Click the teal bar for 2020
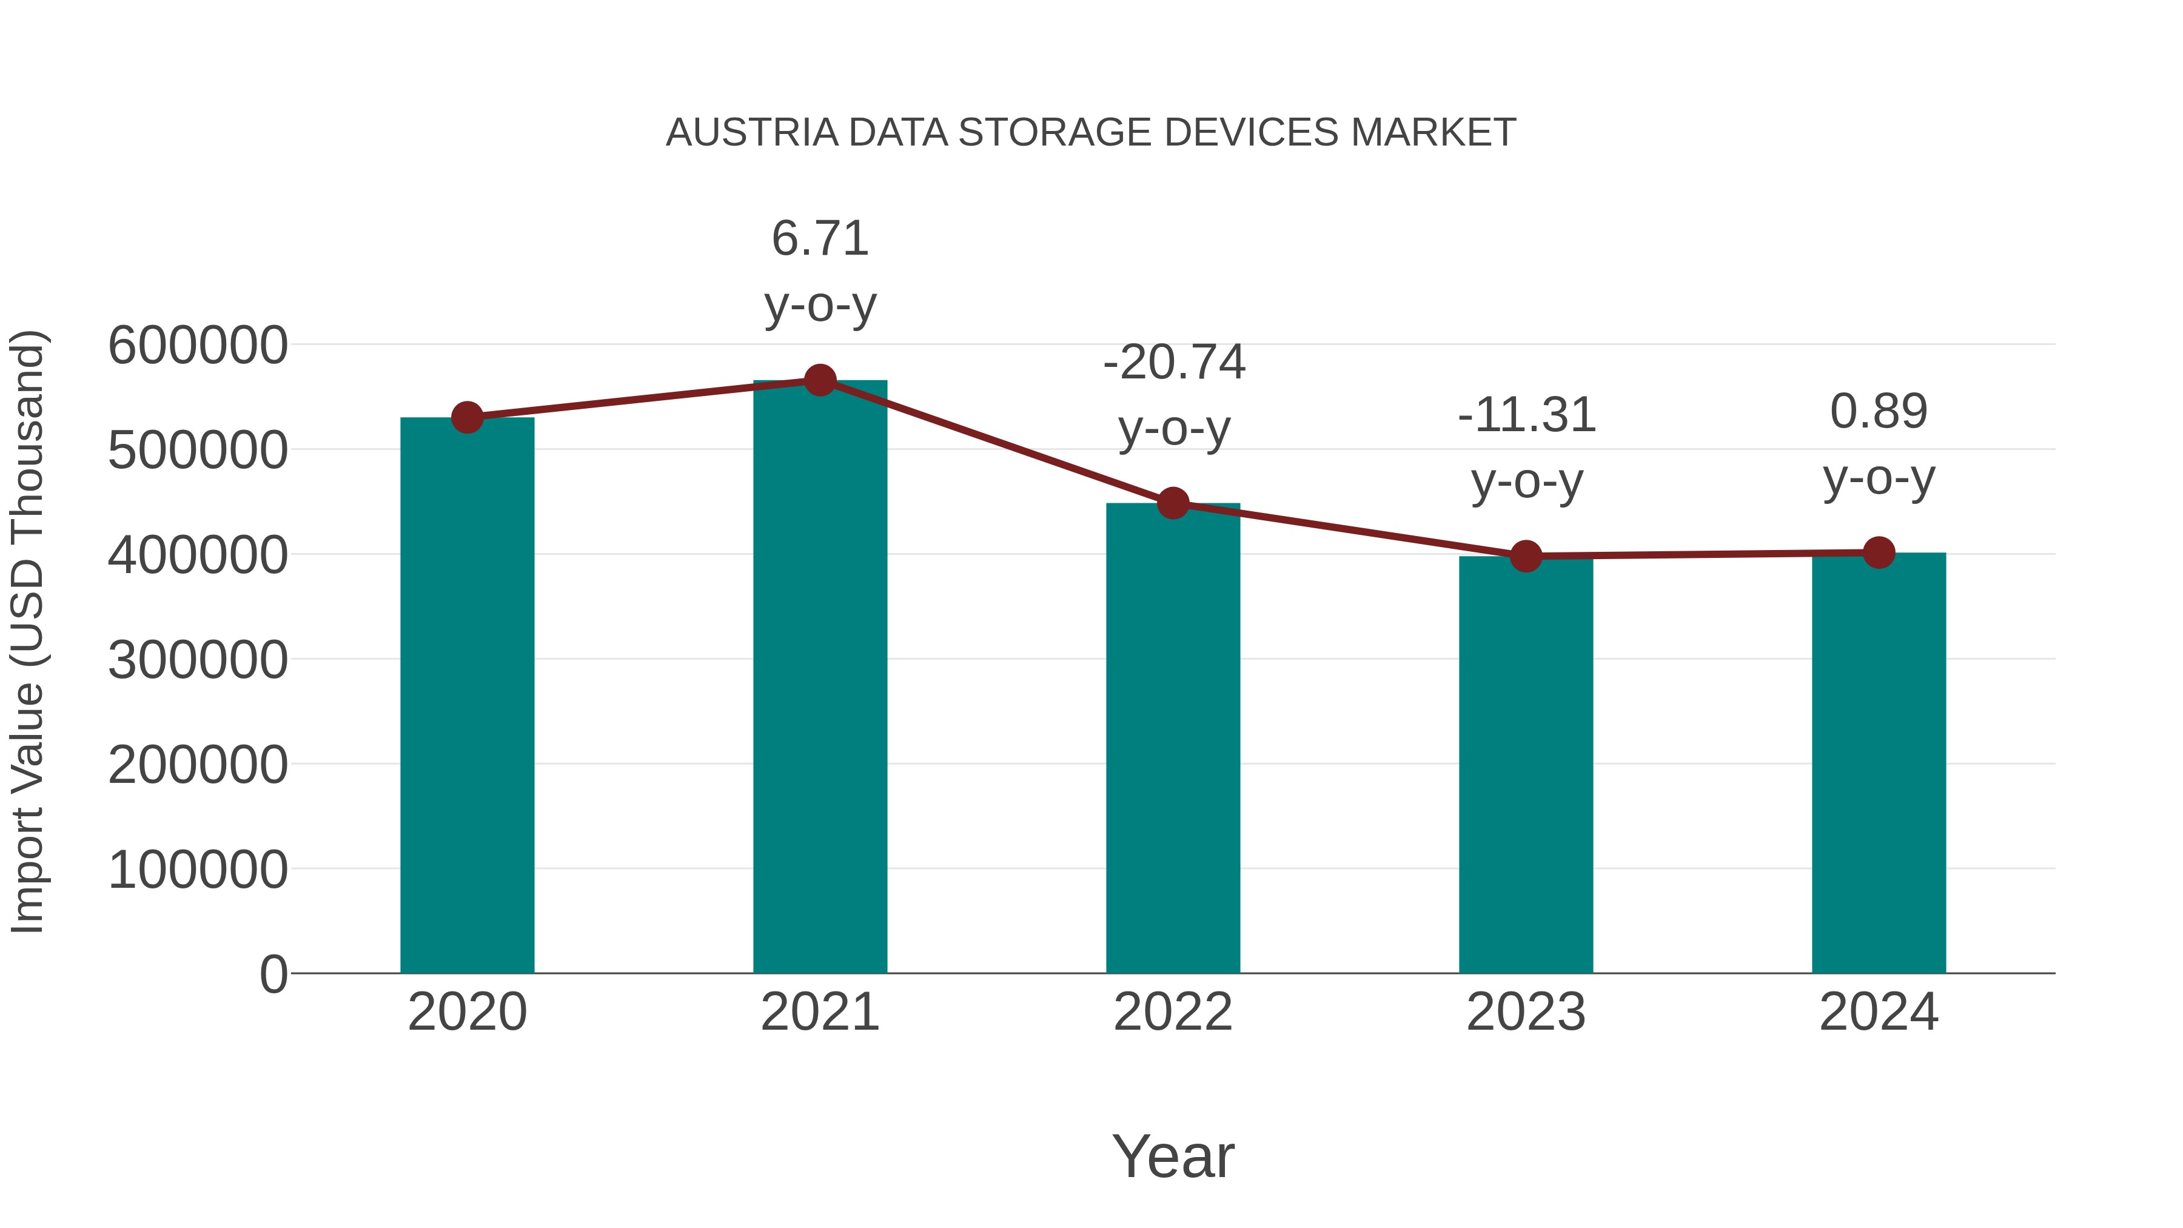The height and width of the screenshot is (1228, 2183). (x=467, y=695)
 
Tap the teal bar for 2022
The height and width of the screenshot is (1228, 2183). (x=1173, y=737)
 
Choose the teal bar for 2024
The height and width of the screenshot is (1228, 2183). (x=1879, y=763)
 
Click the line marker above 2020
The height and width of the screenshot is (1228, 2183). (x=467, y=417)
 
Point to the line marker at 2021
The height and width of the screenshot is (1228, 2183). (x=819, y=380)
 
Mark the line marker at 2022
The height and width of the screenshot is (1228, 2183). (x=1173, y=503)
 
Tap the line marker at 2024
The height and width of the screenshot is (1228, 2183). (x=1879, y=552)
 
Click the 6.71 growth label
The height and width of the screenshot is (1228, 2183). (x=819, y=238)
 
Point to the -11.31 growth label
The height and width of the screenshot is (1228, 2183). (x=1526, y=415)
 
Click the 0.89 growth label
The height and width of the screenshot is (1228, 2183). (x=1879, y=412)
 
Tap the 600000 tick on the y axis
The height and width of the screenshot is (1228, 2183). (x=198, y=345)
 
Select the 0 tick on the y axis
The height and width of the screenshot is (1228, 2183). (x=273, y=974)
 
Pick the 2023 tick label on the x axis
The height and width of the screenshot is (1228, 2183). (x=1526, y=1012)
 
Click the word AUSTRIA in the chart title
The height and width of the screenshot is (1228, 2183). (x=752, y=133)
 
